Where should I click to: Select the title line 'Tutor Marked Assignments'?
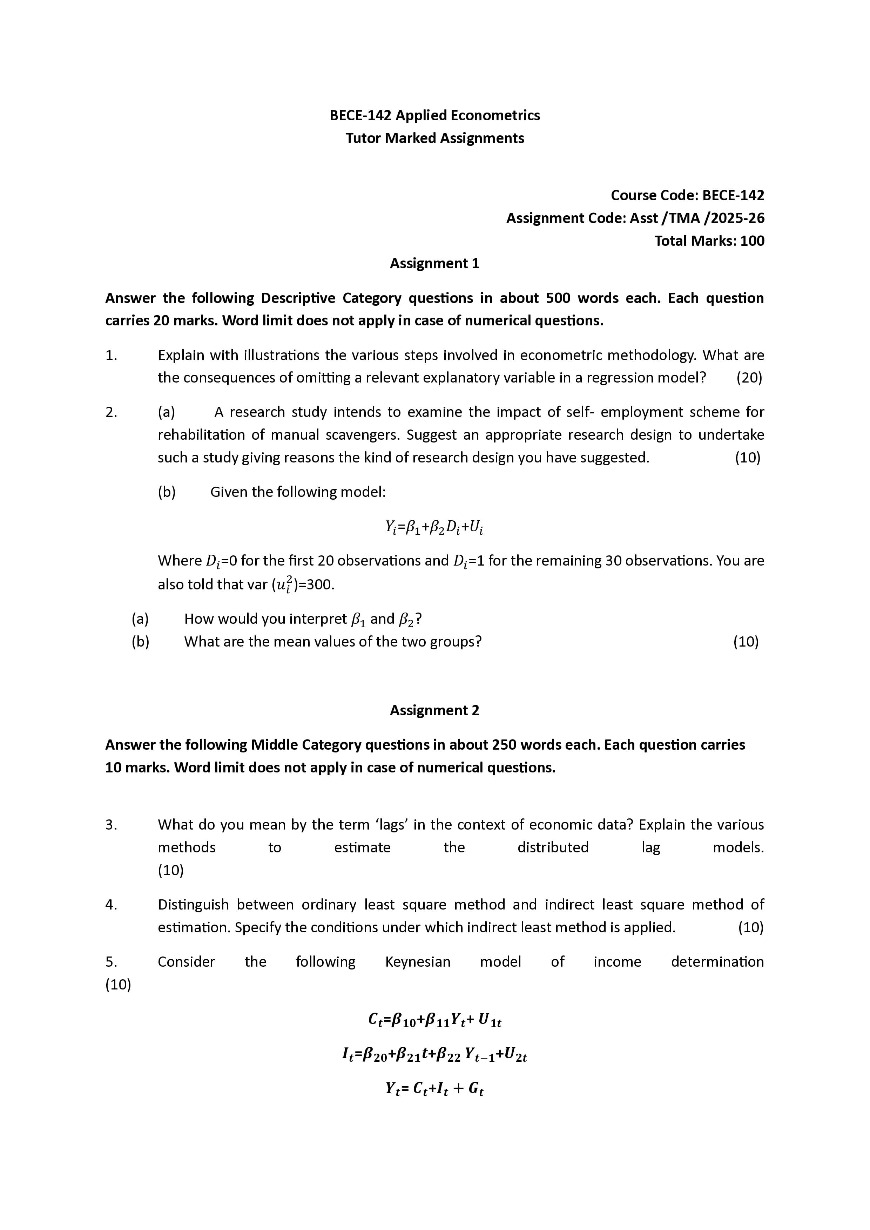click(434, 138)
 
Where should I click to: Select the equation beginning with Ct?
click(434, 1020)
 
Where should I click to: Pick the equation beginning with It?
click(434, 1055)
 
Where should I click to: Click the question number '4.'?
click(112, 905)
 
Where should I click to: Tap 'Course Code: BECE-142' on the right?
click(687, 196)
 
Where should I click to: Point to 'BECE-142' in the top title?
click(360, 116)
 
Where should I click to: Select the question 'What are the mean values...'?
click(333, 642)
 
